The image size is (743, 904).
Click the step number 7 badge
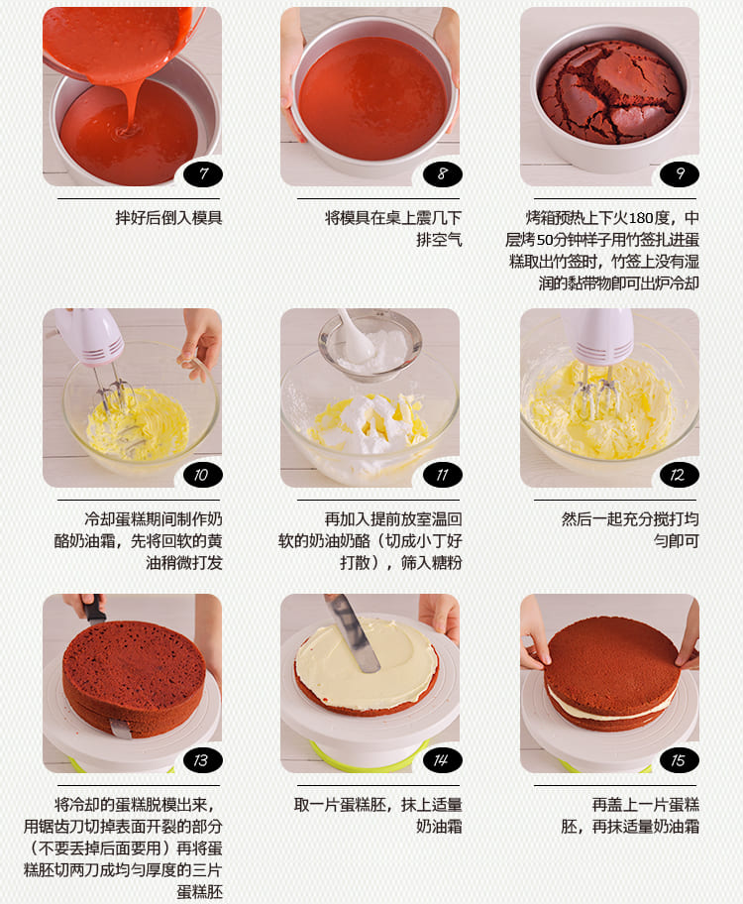tap(202, 174)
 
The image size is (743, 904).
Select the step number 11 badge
tap(442, 475)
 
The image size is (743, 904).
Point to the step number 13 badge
tap(202, 760)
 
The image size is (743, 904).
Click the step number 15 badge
tap(679, 760)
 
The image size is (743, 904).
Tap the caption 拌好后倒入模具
tap(168, 218)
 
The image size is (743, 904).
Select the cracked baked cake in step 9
tap(610, 91)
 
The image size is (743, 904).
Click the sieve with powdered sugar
tap(370, 345)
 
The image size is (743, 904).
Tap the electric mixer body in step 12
tap(596, 337)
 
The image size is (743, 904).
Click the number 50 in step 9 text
tap(544, 240)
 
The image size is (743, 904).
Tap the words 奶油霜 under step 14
tap(439, 826)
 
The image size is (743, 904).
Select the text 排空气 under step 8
tap(439, 240)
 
